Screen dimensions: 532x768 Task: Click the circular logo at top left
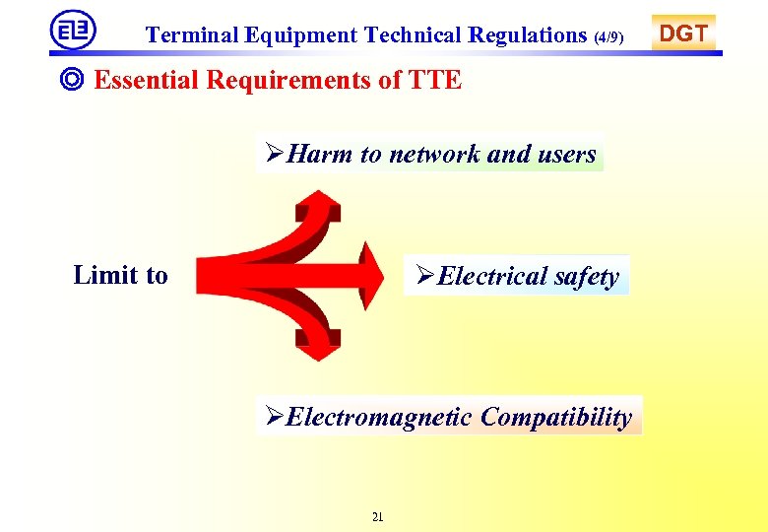[72, 31]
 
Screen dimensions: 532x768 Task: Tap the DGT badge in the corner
[683, 33]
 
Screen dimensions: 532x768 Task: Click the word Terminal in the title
[191, 35]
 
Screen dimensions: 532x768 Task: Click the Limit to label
[120, 275]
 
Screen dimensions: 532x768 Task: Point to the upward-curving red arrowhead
[318, 208]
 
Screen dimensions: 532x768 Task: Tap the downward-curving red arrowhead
[318, 345]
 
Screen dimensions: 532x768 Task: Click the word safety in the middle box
[586, 277]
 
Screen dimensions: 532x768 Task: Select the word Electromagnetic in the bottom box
[378, 417]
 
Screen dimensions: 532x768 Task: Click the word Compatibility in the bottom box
[555, 417]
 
